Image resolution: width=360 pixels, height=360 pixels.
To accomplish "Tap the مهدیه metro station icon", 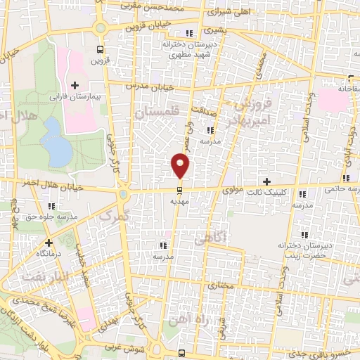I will (x=181, y=190).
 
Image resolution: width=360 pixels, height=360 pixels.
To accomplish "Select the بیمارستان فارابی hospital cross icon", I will (x=75, y=85).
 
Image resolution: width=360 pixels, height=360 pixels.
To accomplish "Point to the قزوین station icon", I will (x=100, y=49).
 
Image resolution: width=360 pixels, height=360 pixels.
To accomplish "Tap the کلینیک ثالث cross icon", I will (x=266, y=181).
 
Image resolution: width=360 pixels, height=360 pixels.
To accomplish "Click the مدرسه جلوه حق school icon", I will (x=51, y=205).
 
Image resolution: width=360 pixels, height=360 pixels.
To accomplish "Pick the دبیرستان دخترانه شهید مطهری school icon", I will (x=188, y=33).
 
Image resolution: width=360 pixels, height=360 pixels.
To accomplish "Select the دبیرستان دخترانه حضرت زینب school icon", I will (x=303, y=236).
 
